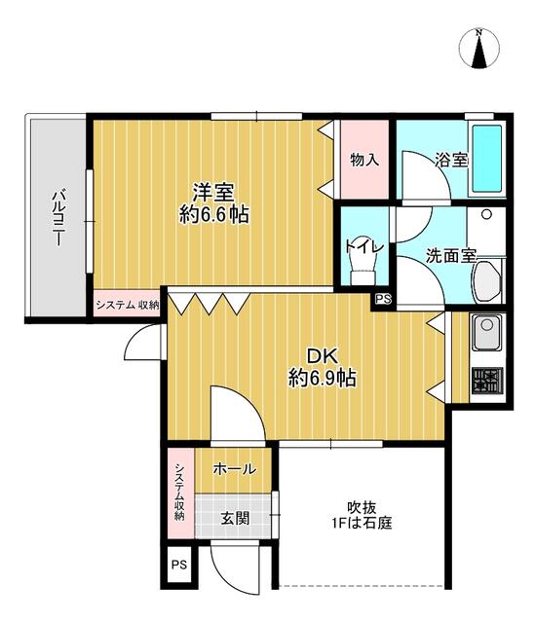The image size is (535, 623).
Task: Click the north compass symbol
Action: (x=479, y=48)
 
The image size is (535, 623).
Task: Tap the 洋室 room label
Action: (x=213, y=193)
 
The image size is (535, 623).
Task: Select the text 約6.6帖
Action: (x=214, y=215)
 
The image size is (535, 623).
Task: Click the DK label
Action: (x=323, y=356)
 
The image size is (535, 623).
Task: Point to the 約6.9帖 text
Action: (x=323, y=378)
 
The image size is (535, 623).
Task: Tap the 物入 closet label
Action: (x=364, y=160)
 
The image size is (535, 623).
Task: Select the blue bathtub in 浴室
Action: (x=487, y=159)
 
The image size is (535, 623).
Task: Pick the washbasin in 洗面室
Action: (x=486, y=281)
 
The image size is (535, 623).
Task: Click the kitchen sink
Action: (x=487, y=332)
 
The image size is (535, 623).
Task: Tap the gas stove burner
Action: (x=487, y=381)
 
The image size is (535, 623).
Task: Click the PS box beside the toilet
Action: (x=383, y=299)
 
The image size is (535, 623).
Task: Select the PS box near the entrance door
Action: (x=179, y=565)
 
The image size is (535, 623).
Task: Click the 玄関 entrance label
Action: (x=236, y=518)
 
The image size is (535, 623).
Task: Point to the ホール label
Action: (x=235, y=469)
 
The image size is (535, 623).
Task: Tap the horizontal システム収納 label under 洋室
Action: (x=128, y=305)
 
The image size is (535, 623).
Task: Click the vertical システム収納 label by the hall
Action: (x=179, y=492)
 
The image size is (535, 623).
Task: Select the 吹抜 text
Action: (x=362, y=507)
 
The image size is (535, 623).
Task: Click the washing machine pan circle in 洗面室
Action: (x=486, y=214)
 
